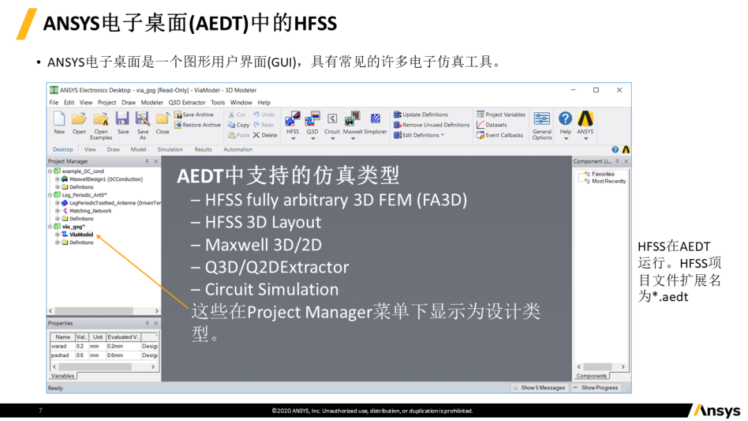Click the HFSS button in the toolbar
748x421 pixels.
(x=293, y=122)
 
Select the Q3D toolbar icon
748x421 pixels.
(x=312, y=122)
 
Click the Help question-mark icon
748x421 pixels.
(x=565, y=119)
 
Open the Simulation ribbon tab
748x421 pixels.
(x=170, y=150)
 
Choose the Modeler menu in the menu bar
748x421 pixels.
(x=152, y=102)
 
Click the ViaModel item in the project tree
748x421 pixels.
(x=81, y=235)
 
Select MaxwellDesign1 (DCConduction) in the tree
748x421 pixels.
(x=106, y=179)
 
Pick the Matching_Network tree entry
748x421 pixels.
(x=90, y=211)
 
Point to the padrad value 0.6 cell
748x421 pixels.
(x=80, y=355)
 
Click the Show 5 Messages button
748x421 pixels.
(x=539, y=388)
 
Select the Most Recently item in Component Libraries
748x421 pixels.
(x=608, y=181)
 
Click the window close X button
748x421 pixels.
(x=619, y=90)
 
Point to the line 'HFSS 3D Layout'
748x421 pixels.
(x=262, y=222)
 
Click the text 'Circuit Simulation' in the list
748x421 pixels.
(x=271, y=289)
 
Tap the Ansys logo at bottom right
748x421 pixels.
(x=716, y=411)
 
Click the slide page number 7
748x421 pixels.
(x=40, y=411)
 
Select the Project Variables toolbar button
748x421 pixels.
(x=501, y=115)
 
